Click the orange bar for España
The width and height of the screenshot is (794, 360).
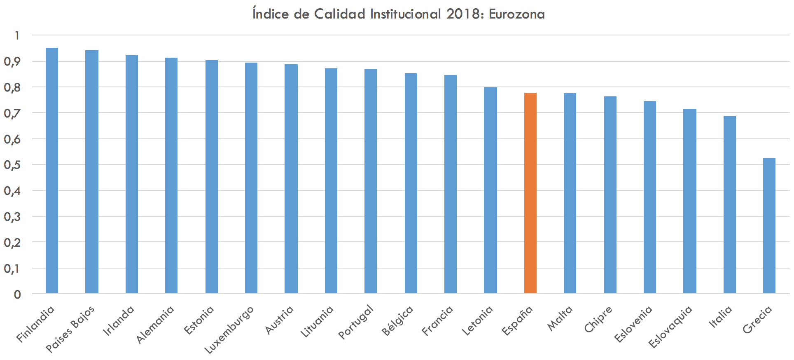click(530, 193)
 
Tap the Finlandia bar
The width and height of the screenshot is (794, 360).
click(52, 171)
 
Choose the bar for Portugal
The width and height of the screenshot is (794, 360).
click(371, 181)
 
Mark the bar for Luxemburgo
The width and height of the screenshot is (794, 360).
click(251, 178)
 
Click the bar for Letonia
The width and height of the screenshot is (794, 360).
click(490, 190)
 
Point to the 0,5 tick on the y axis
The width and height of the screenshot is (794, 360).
click(12, 165)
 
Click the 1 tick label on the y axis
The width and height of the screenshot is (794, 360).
click(17, 35)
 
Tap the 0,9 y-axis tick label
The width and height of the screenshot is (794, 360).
click(12, 62)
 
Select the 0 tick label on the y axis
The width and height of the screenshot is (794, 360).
click(17, 295)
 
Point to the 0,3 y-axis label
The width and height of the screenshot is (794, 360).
click(12, 217)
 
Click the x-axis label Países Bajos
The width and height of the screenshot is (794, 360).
click(70, 329)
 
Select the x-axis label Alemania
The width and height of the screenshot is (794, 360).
click(155, 325)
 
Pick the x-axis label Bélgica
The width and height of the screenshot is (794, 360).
click(398, 321)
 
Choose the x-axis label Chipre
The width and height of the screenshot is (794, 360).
click(598, 319)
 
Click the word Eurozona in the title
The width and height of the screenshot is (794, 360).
click(516, 14)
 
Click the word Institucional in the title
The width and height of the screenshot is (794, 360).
click(406, 14)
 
